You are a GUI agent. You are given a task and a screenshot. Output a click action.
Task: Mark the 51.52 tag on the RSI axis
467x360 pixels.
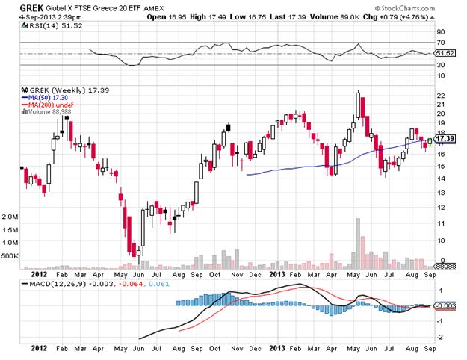tap(445, 53)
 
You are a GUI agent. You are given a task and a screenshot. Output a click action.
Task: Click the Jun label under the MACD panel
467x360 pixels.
tap(138, 349)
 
